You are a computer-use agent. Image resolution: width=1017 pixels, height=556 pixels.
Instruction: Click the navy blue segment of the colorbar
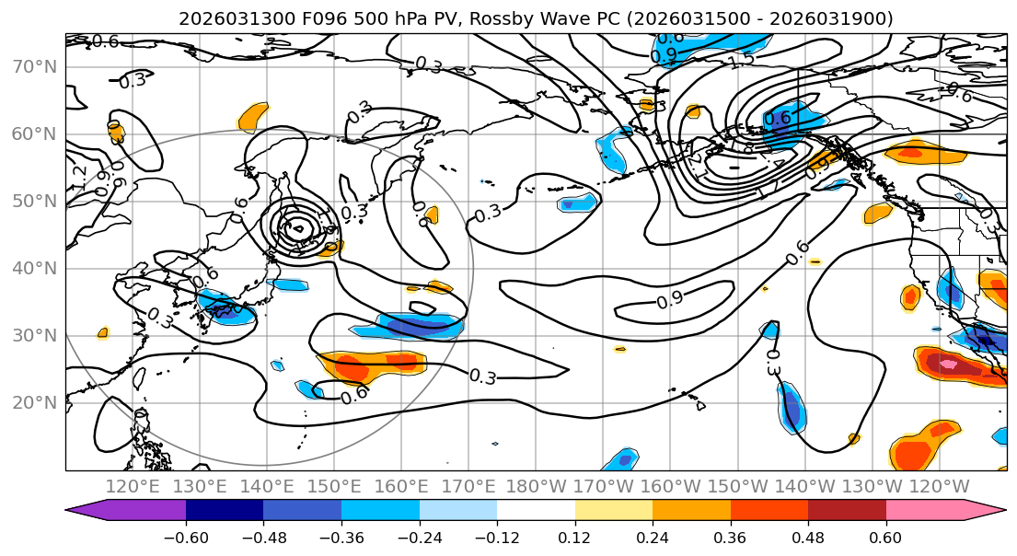click(225, 511)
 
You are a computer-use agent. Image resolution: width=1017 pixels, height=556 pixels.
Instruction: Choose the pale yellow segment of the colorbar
click(613, 511)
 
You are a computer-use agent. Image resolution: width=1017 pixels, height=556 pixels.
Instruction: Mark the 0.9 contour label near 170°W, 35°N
click(670, 300)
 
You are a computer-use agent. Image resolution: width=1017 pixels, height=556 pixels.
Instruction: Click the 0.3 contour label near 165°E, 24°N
click(483, 376)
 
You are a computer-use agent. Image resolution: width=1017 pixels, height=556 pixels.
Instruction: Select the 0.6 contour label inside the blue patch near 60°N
click(779, 118)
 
